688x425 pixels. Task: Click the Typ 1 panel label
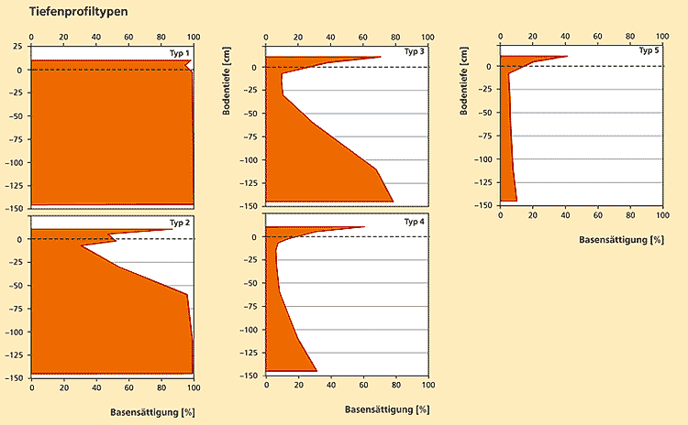180,53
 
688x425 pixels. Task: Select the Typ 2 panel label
180,223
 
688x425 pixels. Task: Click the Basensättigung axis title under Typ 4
387,409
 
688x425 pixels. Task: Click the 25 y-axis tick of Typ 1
17,46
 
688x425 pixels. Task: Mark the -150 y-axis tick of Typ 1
13,209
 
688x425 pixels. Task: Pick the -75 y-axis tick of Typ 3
248,136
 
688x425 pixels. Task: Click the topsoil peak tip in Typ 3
381,57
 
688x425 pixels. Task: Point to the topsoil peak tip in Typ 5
568,56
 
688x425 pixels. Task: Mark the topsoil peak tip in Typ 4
364,226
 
